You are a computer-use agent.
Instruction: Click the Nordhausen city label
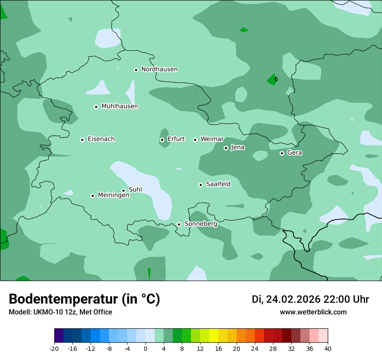pyautogui.click(x=159, y=69)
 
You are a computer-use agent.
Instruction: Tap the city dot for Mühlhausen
pyautogui.click(x=96, y=107)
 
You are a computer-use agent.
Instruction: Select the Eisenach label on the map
pyautogui.click(x=101, y=139)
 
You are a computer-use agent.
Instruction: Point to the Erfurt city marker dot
pyautogui.click(x=162, y=140)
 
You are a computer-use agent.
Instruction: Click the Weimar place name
pyautogui.click(x=212, y=139)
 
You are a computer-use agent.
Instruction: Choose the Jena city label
pyautogui.click(x=238, y=147)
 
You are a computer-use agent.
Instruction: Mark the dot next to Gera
pyautogui.click(x=282, y=153)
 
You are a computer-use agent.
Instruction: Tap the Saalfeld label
pyautogui.click(x=218, y=184)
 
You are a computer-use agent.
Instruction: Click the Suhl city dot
pyautogui.click(x=123, y=190)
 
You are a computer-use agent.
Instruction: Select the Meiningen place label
pyautogui.click(x=114, y=196)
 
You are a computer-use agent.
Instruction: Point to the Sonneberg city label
pyautogui.click(x=201, y=224)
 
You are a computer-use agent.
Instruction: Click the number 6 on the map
pyautogui.click(x=276, y=79)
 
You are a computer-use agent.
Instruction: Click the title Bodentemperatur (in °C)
pyautogui.click(x=84, y=299)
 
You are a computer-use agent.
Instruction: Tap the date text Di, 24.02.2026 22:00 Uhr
pyautogui.click(x=310, y=300)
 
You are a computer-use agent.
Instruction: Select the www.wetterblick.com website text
pyautogui.click(x=313, y=312)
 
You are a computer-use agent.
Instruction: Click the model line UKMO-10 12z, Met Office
pyautogui.click(x=60, y=312)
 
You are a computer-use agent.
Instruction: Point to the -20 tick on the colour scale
pyautogui.click(x=54, y=348)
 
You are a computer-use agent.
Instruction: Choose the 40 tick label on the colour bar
pyautogui.click(x=327, y=348)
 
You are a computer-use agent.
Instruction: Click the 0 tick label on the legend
pyautogui.click(x=145, y=348)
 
